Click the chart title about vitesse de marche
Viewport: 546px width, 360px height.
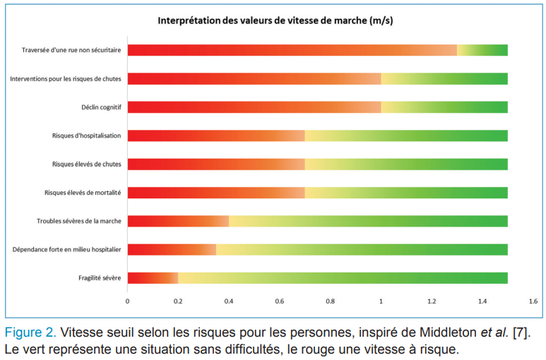tap(275, 20)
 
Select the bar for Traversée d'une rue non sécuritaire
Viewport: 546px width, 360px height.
tap(317, 50)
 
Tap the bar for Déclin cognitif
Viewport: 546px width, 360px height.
tap(317, 107)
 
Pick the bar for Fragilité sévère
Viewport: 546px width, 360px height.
tap(317, 277)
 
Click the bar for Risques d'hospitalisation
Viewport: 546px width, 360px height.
tap(317, 136)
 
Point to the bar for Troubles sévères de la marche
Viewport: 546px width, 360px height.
tap(317, 221)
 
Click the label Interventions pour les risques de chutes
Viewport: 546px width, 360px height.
tap(65, 79)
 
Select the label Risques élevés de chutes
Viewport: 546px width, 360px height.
tap(86, 164)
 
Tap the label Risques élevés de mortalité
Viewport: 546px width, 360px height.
tap(82, 193)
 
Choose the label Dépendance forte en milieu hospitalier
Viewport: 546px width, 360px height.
tap(66, 249)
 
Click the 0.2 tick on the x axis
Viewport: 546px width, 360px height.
tap(178, 301)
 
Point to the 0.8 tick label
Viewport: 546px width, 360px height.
tap(330, 301)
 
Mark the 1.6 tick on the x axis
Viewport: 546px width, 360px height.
tap(533, 301)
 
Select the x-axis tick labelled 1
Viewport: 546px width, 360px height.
tap(381, 301)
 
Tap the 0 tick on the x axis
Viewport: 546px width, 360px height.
tap(127, 301)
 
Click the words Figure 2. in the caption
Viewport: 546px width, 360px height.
tap(30, 332)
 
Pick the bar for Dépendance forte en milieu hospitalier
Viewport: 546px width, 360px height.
tap(317, 249)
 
